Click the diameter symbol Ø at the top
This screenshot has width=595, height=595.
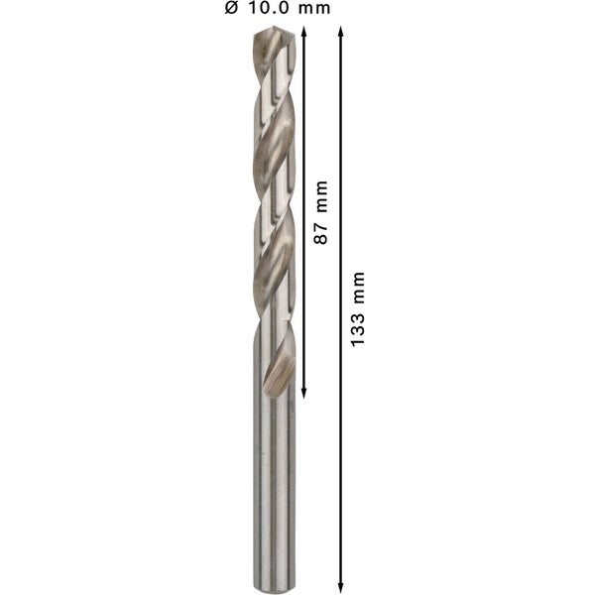pos(232,9)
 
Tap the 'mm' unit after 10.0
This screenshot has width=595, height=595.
pos(314,9)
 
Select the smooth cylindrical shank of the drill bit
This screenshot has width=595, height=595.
pos(270,476)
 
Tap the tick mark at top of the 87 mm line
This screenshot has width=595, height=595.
pos(304,26)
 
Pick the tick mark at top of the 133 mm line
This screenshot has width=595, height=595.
pos(341,26)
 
